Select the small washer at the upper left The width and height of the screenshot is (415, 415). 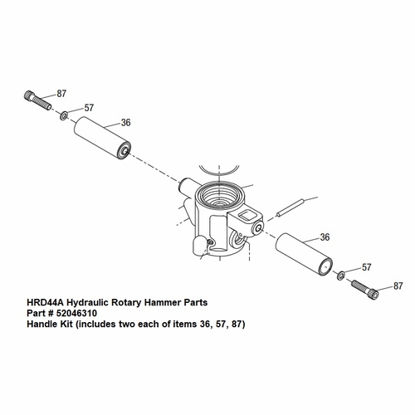63,113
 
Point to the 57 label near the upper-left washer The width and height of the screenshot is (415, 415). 89,108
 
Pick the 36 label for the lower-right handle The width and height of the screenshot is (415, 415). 325,237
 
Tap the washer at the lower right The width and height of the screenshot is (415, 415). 341,275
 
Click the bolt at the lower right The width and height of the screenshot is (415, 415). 368,290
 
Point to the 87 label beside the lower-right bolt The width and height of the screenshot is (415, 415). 398,286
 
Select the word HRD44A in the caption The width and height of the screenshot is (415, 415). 41,305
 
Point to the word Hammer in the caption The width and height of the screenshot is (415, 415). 157,305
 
